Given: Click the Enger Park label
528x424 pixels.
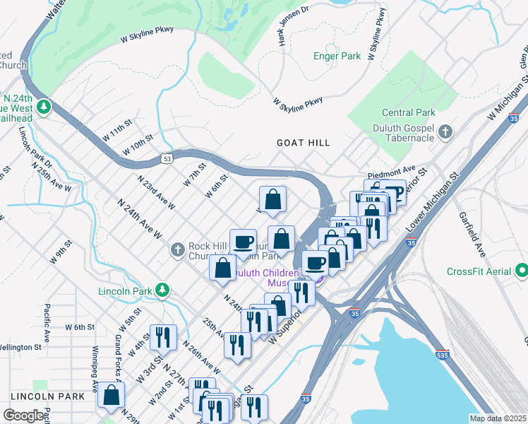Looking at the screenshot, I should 337,55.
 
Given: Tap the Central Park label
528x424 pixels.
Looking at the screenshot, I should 407,112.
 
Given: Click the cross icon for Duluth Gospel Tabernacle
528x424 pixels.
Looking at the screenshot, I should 445,131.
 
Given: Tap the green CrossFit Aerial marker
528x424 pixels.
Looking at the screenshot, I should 522,271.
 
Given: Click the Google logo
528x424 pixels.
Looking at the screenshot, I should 23,415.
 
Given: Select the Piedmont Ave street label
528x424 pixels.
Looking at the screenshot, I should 391,171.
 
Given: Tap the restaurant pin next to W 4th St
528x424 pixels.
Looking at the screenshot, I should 163,337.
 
